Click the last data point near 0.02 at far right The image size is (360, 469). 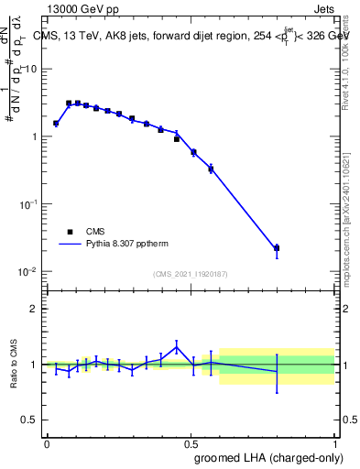277,248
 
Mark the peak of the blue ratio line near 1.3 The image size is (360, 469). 177,346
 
